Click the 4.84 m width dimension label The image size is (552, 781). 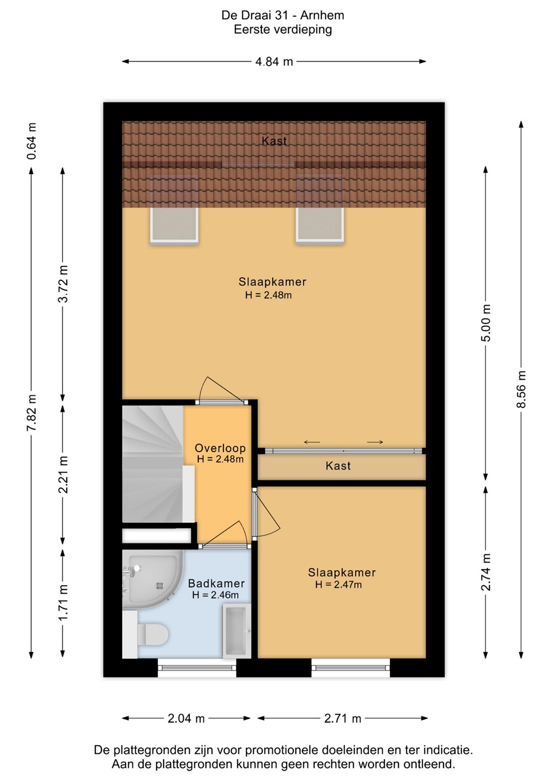274,62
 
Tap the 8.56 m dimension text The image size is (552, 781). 521,389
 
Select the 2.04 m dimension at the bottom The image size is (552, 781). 186,719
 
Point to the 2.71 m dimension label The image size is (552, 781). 343,719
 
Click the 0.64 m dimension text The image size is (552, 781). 31,141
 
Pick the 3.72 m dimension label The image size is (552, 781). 63,284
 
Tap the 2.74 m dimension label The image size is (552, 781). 486,572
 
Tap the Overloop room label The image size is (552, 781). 220,448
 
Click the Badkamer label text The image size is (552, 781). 216,584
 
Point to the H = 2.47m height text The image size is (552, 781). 338,584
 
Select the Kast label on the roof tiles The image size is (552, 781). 274,141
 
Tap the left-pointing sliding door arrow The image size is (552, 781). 312,442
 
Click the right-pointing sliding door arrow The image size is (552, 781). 375,442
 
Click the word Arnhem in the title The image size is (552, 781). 322,15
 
